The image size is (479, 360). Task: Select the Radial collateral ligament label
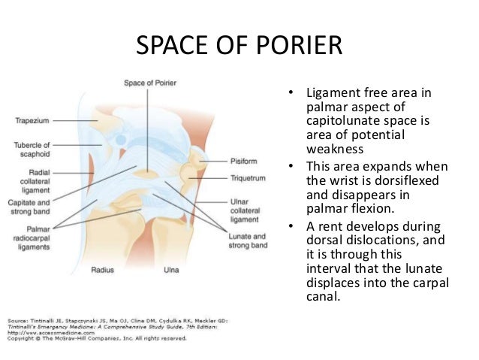coord(33,180)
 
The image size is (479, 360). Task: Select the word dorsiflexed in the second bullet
coord(387,180)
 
